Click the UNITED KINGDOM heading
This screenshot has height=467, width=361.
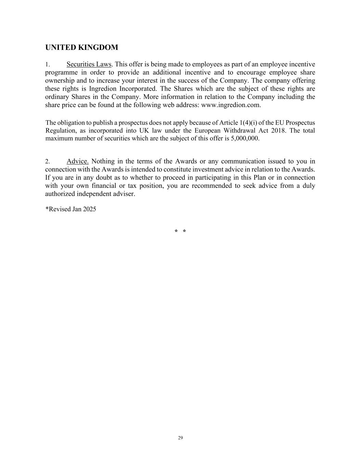coord(81,48)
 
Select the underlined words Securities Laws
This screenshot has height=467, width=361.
coord(89,64)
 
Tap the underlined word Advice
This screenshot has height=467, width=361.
coord(77,161)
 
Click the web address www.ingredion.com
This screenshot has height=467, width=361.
coord(231,105)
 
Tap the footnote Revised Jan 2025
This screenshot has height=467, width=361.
coord(72,209)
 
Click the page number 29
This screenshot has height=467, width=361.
coord(180,438)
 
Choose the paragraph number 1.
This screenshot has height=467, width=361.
coord(48,65)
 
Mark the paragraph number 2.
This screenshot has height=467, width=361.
coord(48,161)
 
